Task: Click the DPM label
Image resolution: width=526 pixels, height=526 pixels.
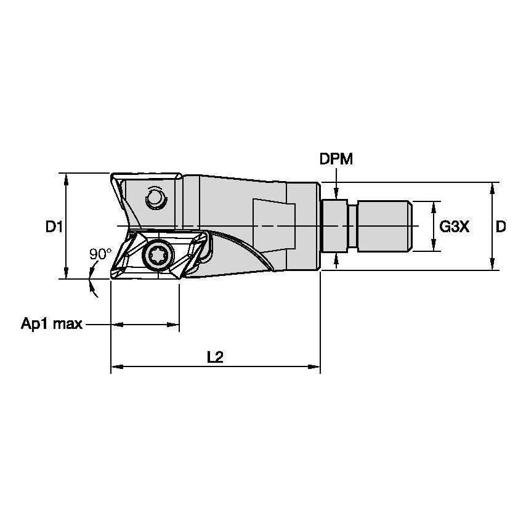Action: tap(336, 159)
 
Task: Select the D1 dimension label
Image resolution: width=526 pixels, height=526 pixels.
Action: tap(54, 227)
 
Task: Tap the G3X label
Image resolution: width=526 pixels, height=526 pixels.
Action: tap(455, 227)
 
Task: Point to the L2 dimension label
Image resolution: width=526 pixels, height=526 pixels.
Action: tap(215, 357)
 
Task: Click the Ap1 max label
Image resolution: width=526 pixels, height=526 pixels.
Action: tap(52, 324)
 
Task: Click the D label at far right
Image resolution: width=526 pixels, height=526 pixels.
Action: tap(501, 227)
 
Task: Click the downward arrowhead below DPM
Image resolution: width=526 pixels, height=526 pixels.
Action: tap(336, 194)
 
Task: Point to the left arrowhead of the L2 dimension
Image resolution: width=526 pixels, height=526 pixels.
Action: tap(115, 368)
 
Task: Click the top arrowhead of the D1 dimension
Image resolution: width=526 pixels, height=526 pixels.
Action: tap(65, 177)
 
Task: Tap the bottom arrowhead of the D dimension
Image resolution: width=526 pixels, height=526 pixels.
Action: tap(492, 265)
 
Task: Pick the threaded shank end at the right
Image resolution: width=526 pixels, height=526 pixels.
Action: tap(384, 226)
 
